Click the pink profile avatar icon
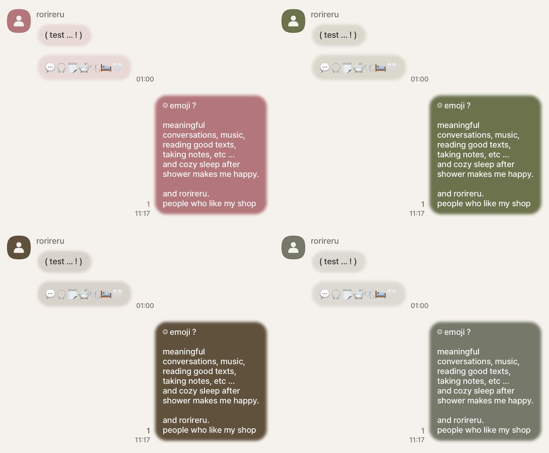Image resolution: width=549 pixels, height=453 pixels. click(19, 21)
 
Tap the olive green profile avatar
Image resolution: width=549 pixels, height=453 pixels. click(293, 21)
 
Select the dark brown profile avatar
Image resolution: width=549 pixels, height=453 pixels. click(19, 247)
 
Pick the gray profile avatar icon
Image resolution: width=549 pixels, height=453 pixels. click(293, 247)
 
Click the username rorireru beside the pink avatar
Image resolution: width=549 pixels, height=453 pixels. click(50, 15)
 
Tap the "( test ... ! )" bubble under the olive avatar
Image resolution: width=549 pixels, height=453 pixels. click(338, 35)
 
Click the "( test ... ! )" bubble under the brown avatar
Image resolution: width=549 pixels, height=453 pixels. click(64, 262)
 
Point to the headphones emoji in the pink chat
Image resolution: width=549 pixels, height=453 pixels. click(61, 68)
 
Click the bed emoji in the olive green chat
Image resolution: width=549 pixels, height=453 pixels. click(381, 68)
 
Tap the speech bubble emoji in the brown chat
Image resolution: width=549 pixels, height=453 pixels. click(50, 294)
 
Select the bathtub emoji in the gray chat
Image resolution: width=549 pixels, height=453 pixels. click(358, 294)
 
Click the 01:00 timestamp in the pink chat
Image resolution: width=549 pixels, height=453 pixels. click(145, 79)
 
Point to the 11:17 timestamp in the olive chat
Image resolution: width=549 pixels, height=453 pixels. click(417, 213)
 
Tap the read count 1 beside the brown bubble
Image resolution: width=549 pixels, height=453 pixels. click(148, 431)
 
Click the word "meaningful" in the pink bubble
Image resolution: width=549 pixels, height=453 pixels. click(184, 126)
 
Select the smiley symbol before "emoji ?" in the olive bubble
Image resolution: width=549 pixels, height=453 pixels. click(440, 105)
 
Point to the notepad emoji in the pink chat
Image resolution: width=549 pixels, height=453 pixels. click(73, 68)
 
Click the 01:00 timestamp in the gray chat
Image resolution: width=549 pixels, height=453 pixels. click(420, 306)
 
